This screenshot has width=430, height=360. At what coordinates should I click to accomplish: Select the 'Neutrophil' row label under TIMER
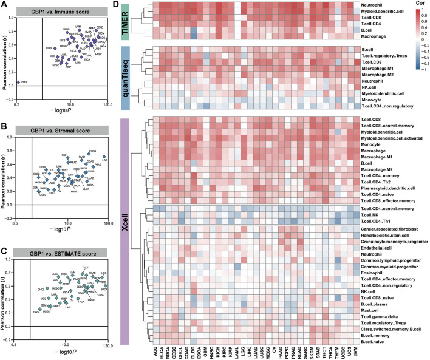coord(370,4)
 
